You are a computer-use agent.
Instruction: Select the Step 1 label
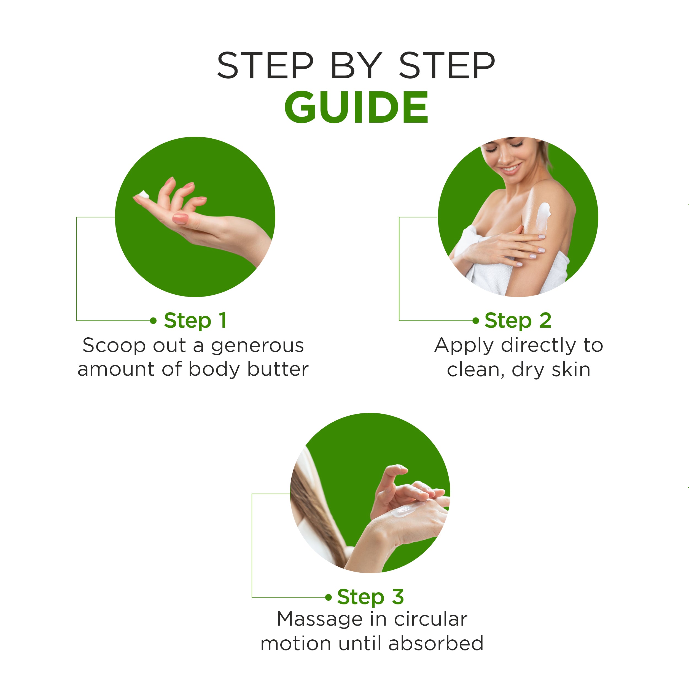pyautogui.click(x=195, y=321)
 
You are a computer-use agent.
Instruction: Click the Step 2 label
pyautogui.click(x=518, y=321)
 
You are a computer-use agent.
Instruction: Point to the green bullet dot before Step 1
pyautogui.click(x=153, y=321)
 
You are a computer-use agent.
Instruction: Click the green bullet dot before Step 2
pyautogui.click(x=475, y=321)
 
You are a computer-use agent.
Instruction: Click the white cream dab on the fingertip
pyautogui.click(x=144, y=195)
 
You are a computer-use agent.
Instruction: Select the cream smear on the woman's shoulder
pyautogui.click(x=543, y=216)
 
